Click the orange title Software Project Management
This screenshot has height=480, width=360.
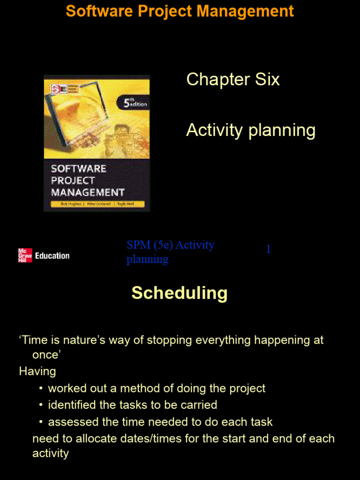pyautogui.click(x=180, y=11)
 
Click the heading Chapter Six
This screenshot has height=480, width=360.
pyautogui.click(x=232, y=79)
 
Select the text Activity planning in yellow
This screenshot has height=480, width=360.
pyautogui.click(x=250, y=130)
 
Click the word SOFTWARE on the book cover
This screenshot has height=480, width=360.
pyautogui.click(x=78, y=169)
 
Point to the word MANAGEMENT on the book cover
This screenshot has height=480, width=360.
pyautogui.click(x=88, y=192)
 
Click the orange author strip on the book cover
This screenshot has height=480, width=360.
pyautogui.click(x=97, y=204)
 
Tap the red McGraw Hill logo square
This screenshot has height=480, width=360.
pyautogui.click(x=25, y=255)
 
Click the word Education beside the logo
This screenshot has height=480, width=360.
pyautogui.click(x=52, y=255)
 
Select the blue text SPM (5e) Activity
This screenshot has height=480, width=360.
pyautogui.click(x=170, y=245)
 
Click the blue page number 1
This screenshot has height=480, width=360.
pyautogui.click(x=268, y=249)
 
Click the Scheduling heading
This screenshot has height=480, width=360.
pyautogui.click(x=180, y=293)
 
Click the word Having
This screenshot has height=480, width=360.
pyautogui.click(x=37, y=371)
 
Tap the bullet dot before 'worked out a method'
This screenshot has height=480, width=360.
pyautogui.click(x=41, y=388)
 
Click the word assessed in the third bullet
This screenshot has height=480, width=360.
pyautogui.click(x=69, y=422)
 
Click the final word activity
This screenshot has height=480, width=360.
pyautogui.click(x=50, y=453)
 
